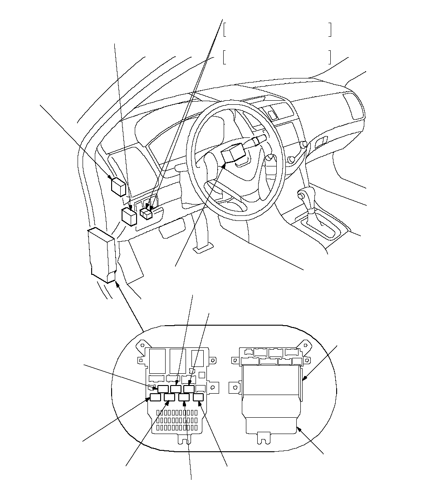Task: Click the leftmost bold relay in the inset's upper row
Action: click(163, 389)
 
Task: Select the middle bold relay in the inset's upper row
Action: click(176, 389)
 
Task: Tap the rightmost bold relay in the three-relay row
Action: click(189, 389)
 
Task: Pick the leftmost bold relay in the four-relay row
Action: click(156, 398)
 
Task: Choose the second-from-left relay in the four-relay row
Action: click(170, 398)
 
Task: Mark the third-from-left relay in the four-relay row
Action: click(184, 398)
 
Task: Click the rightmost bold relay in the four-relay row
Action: click(198, 398)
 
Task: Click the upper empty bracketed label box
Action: click(277, 30)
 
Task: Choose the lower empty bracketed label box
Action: click(277, 57)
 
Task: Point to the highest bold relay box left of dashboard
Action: click(119, 186)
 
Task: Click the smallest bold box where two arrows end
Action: click(146, 213)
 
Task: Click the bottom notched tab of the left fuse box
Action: click(185, 439)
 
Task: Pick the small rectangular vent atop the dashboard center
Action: click(272, 115)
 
